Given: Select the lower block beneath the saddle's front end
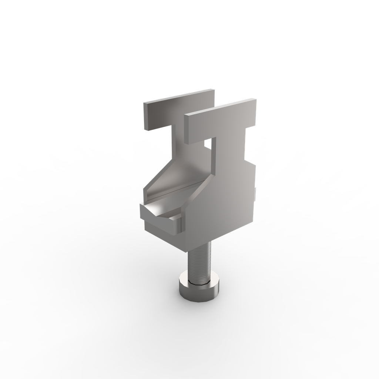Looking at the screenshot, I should click(163, 231).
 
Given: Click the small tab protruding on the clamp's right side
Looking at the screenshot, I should click(256, 194).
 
